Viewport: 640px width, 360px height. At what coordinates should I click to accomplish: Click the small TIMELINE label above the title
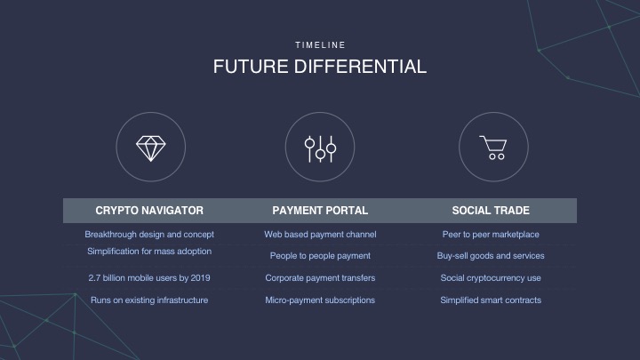pyautogui.click(x=320, y=45)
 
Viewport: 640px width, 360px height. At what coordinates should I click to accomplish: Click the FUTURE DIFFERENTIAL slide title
pyautogui.click(x=320, y=67)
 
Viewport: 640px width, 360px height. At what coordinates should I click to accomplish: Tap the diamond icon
pyautogui.click(x=150, y=148)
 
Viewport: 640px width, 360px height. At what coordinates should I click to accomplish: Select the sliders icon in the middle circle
pyautogui.click(x=320, y=149)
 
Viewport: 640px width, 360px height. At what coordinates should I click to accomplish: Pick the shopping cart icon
pyautogui.click(x=493, y=148)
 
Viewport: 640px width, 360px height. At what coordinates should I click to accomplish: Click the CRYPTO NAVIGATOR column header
pyautogui.click(x=149, y=211)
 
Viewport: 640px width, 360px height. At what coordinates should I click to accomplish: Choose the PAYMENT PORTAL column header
pyautogui.click(x=320, y=211)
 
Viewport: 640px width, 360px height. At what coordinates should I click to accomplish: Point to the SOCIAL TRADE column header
pyautogui.click(x=491, y=211)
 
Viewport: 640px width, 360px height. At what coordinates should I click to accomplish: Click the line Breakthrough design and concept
pyautogui.click(x=149, y=235)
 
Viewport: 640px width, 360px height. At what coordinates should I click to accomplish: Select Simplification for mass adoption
pyautogui.click(x=149, y=252)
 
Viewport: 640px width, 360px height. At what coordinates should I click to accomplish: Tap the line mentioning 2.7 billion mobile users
pyautogui.click(x=149, y=278)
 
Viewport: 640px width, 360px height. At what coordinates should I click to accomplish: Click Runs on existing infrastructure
pyautogui.click(x=149, y=300)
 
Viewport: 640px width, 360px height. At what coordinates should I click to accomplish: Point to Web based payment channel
pyautogui.click(x=320, y=235)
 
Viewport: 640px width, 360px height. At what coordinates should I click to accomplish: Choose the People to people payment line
pyautogui.click(x=320, y=256)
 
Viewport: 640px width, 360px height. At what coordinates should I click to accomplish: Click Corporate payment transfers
pyautogui.click(x=320, y=278)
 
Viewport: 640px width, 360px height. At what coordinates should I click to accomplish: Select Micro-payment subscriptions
pyautogui.click(x=320, y=300)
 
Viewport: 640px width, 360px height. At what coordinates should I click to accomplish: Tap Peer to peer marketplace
pyautogui.click(x=491, y=235)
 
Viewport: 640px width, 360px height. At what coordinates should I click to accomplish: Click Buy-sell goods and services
pyautogui.click(x=491, y=256)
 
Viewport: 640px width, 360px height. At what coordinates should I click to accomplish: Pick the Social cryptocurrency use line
pyautogui.click(x=491, y=278)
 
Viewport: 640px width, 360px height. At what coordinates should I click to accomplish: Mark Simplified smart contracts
pyautogui.click(x=491, y=300)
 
